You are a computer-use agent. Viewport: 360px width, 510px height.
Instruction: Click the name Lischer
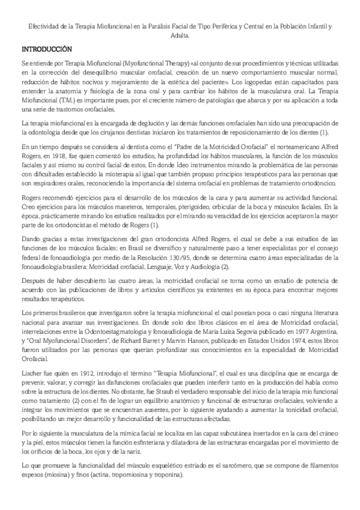[31, 373]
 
